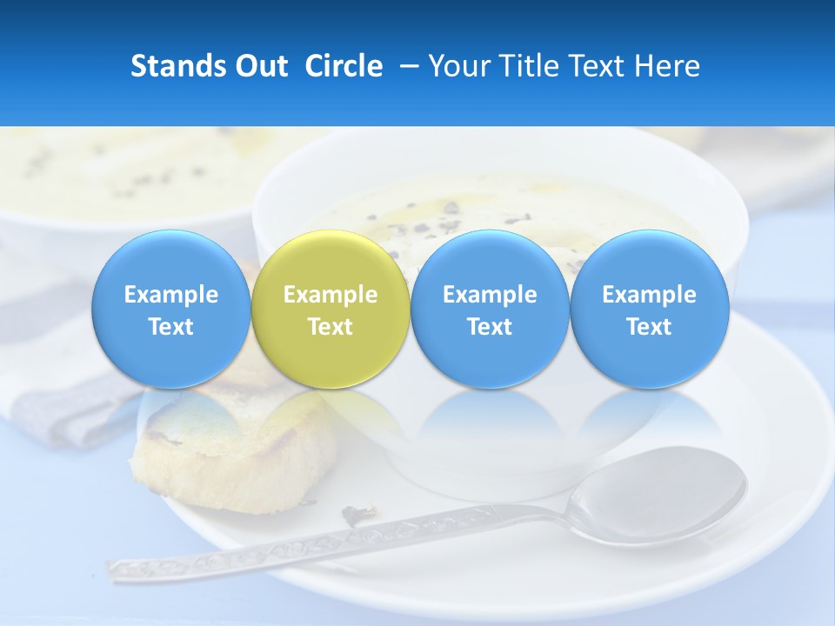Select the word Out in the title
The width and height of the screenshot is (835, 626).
[264, 66]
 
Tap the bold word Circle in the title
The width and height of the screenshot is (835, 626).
[344, 66]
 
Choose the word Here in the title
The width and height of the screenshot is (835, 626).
[667, 66]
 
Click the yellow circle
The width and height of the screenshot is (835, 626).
[331, 309]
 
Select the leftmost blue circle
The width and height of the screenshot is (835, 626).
[171, 309]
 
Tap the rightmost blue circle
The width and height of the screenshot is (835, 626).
[650, 309]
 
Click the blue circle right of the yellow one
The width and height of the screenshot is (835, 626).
[490, 309]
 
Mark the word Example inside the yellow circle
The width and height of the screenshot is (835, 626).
[331, 295]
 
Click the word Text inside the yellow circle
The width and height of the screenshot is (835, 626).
[331, 327]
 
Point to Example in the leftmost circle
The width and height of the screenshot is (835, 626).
[171, 295]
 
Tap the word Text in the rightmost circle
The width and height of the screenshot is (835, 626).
[650, 327]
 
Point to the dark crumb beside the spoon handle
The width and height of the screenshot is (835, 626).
[357, 515]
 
